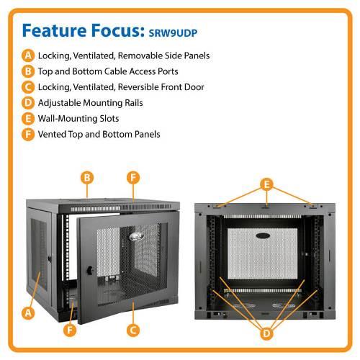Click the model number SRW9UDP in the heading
coord(173,33)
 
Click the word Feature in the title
coord(54,30)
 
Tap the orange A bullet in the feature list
coord(28,55)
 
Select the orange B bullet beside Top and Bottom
coord(28,71)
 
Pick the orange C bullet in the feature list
coord(28,87)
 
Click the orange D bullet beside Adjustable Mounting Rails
coord(28,103)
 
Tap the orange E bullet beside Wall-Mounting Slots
coord(28,119)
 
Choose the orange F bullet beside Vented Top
coord(28,134)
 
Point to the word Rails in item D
coord(134,103)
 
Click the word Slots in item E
coord(109,119)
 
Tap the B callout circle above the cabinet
coord(87,178)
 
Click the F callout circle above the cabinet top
coord(133,178)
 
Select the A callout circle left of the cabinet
coord(28,313)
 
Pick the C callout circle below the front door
coord(133,330)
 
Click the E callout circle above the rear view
coord(266,184)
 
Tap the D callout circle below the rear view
coord(266,333)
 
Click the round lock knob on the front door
coord(90,270)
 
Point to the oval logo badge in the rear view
coord(263,235)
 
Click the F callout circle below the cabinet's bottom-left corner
coord(70,330)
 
